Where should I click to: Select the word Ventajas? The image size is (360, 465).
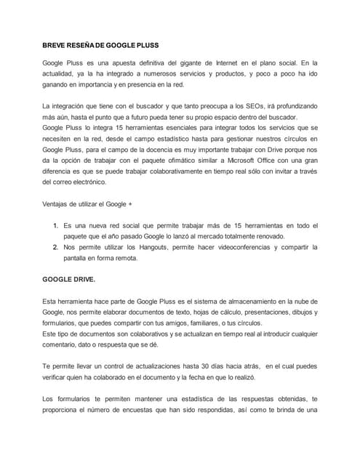pos(57,204)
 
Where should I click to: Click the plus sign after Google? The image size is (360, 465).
pos(130,204)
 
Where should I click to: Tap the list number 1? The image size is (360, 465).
pos(55,225)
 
